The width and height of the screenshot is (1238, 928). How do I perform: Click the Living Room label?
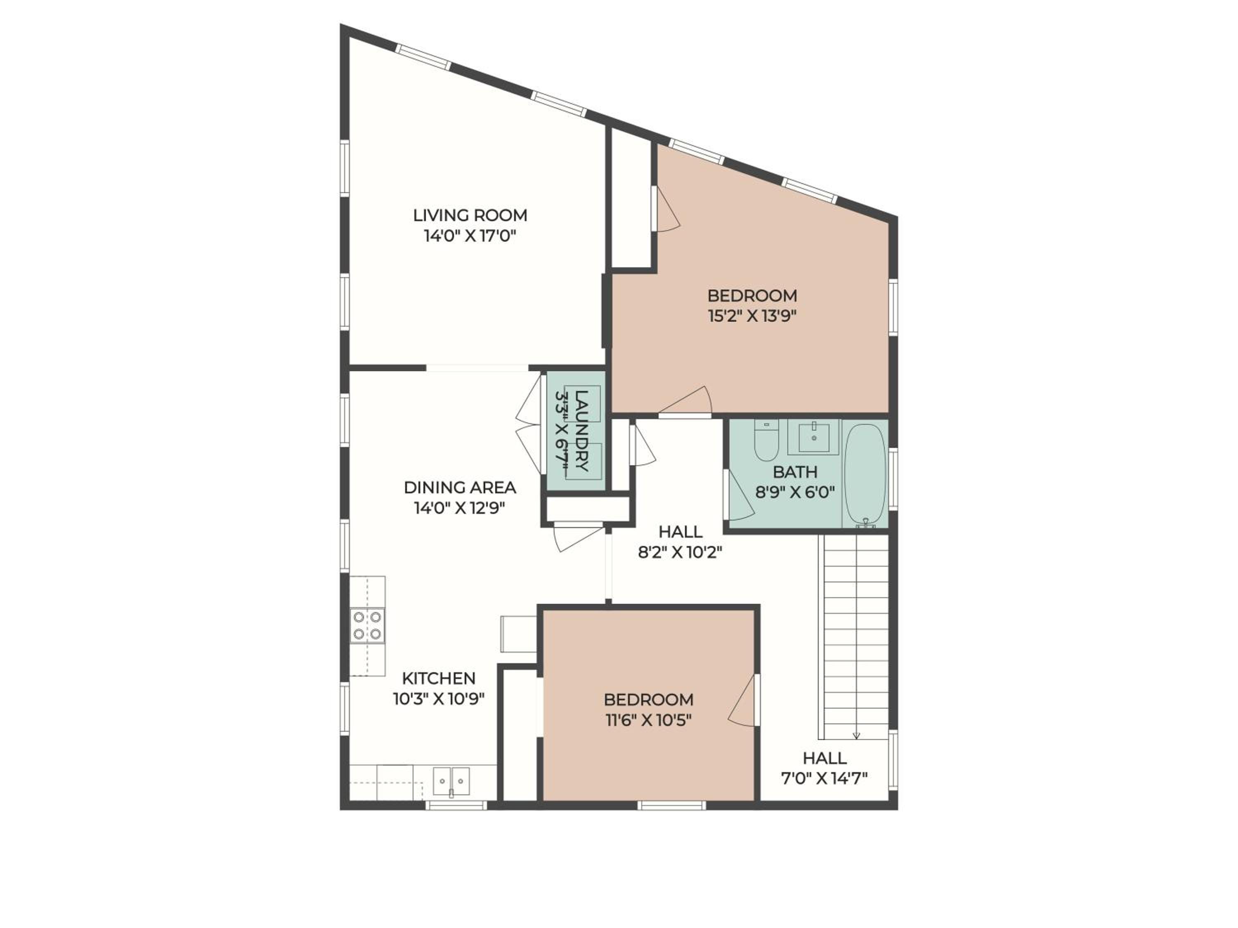(470, 215)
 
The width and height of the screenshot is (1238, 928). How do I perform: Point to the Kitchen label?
(439, 678)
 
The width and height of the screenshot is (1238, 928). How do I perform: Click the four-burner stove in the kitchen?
(367, 625)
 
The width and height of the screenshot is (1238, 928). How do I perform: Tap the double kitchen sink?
(451, 780)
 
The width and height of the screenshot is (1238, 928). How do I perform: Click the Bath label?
(795, 472)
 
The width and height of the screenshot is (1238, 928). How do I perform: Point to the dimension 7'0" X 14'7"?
(824, 778)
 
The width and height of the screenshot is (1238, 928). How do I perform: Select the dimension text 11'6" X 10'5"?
(649, 720)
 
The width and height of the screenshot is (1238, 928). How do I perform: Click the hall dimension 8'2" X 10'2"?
(680, 553)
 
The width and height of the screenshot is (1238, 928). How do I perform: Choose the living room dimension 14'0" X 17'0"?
(470, 236)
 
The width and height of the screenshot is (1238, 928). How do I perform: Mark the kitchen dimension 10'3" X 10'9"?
(438, 699)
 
